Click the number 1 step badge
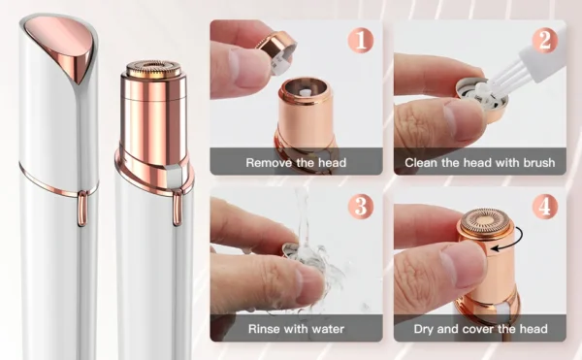362,41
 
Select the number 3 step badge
362,206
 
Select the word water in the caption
324,329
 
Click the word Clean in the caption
426,162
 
